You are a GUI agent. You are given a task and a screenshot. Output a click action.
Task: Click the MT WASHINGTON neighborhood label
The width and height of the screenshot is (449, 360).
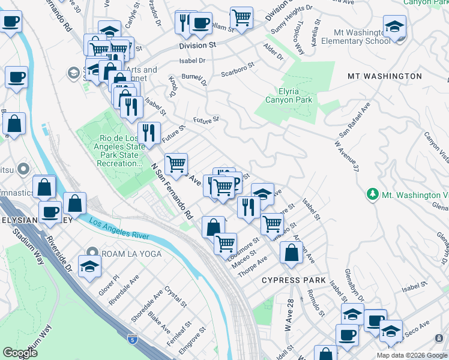(x=385, y=76)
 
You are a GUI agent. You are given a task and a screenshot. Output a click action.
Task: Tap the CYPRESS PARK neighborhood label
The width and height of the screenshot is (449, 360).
(x=294, y=280)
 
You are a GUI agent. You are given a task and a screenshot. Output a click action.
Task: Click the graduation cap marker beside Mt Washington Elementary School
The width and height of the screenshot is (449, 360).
(x=394, y=28)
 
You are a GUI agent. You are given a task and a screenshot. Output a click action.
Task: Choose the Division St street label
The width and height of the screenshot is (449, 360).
(x=196, y=46)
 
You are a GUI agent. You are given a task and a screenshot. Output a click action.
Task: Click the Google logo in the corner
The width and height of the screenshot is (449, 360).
(x=20, y=353)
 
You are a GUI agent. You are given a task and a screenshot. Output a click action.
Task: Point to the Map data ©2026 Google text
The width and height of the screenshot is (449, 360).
(x=412, y=355)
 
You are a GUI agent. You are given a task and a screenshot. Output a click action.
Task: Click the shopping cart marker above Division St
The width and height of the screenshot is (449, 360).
(x=241, y=17)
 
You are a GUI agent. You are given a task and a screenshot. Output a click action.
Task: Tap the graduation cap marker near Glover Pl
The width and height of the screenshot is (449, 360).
(x=89, y=268)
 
